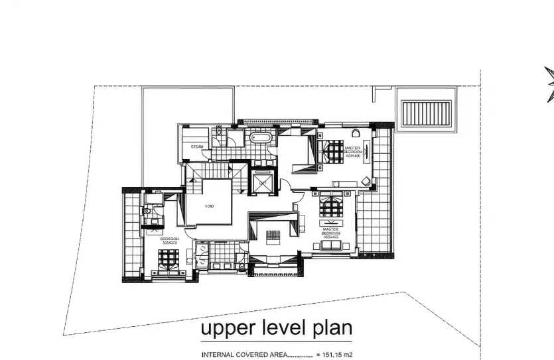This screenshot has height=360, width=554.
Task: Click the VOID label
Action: coord(209,206)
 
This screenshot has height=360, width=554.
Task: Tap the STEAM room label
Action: coord(197,147)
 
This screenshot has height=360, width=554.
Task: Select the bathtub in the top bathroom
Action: coord(259,138)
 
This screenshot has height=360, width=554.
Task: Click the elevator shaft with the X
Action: coord(263,181)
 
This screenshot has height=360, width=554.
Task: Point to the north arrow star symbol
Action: coord(549,85)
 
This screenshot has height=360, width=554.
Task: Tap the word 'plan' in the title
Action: coord(330,328)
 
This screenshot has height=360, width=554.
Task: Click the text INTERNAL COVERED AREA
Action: coord(244,355)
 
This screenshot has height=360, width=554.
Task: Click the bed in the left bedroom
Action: coord(169,267)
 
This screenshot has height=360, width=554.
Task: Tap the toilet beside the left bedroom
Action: coord(149,211)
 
